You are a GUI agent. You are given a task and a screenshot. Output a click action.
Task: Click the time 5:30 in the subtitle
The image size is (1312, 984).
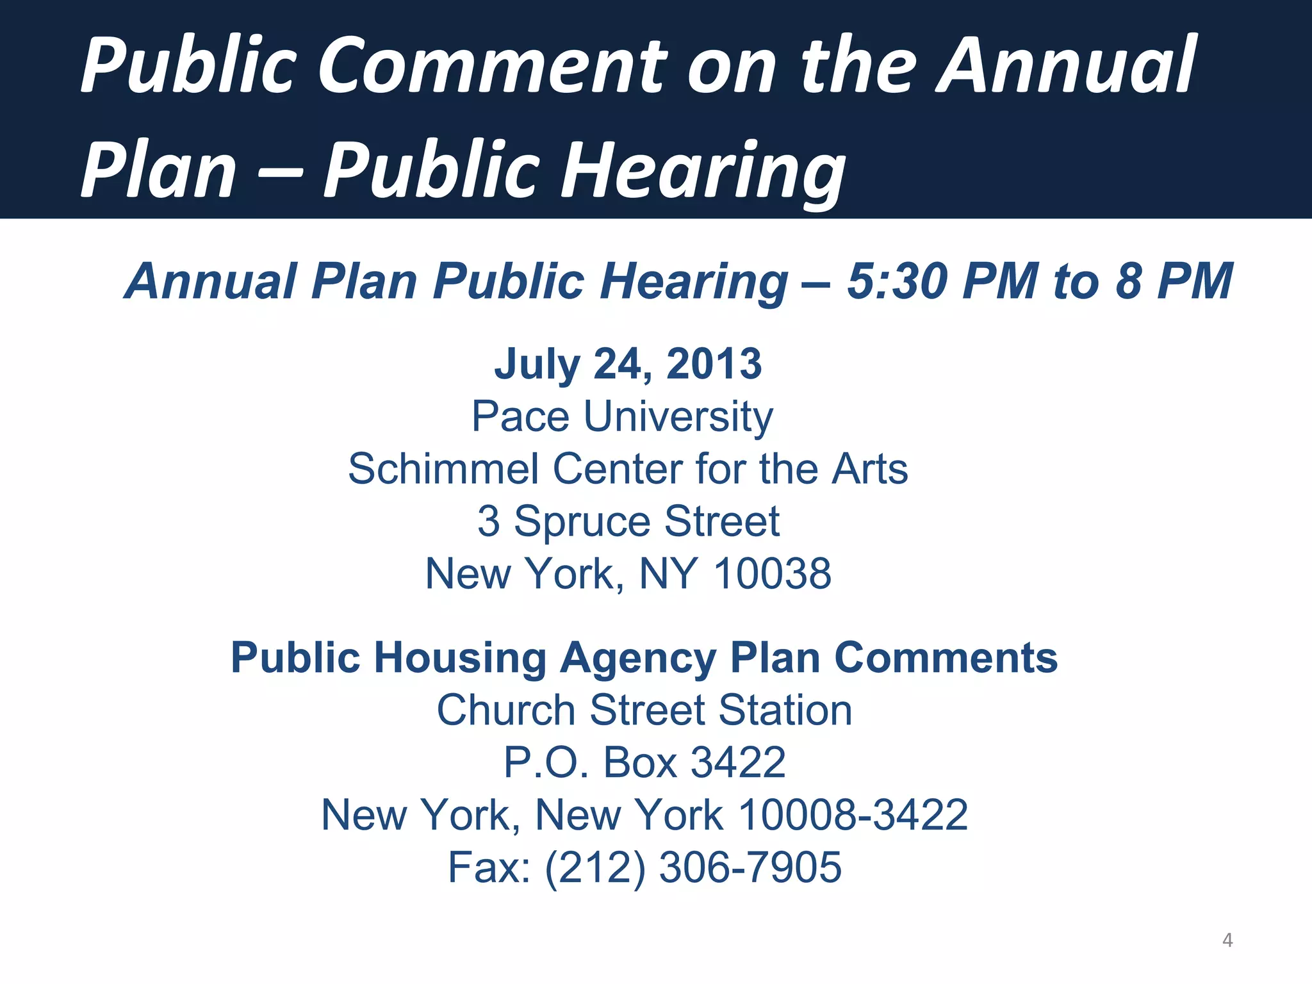point(897,282)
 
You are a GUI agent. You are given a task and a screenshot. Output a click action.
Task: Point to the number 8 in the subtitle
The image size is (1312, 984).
point(1129,282)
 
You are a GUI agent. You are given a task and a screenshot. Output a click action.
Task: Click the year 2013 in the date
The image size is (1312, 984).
point(714,364)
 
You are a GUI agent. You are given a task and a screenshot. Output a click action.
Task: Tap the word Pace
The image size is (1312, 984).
point(520,416)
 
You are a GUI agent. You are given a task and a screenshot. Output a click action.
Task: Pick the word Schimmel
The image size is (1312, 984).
point(443,469)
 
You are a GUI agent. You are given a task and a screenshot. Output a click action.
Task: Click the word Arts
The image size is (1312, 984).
point(870,469)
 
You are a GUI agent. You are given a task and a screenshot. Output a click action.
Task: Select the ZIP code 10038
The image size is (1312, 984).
point(773,573)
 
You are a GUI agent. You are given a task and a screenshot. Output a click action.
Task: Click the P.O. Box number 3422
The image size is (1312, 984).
point(738,762)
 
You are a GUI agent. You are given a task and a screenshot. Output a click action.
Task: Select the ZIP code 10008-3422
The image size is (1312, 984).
point(853,815)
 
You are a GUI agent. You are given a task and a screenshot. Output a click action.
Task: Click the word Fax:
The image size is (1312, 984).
point(489,867)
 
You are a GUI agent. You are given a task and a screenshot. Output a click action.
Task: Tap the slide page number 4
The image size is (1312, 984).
point(1227,940)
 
